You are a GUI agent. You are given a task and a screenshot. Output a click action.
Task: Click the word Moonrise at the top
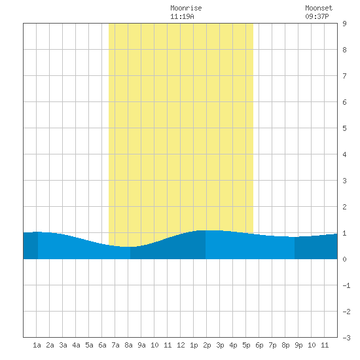186,8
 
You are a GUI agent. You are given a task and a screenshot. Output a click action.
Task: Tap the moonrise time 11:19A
182,16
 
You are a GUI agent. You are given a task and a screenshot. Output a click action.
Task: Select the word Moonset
319,8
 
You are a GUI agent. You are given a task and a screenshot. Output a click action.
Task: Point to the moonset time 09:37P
317,16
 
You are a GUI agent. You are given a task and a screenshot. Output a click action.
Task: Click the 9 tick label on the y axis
344,24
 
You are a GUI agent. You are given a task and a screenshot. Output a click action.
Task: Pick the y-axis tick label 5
344,128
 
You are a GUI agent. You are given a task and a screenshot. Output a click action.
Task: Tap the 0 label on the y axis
344,259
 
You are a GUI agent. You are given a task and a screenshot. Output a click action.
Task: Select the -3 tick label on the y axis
346,338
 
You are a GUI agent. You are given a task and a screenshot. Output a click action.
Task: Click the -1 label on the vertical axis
346,285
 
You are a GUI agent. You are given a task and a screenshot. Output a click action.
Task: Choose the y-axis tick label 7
344,76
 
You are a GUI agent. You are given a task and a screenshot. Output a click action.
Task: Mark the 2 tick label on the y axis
344,207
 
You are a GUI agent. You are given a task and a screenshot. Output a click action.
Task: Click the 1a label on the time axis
37,345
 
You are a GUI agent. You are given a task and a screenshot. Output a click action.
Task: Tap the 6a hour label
102,345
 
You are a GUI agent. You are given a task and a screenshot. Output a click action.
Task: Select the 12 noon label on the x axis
181,345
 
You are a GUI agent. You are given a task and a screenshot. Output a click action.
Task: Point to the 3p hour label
220,345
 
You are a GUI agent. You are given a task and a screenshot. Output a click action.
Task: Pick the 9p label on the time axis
298,345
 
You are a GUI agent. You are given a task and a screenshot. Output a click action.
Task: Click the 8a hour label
128,345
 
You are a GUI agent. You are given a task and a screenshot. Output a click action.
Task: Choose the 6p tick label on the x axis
259,345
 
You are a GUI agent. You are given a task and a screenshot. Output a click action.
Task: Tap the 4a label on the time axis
76,345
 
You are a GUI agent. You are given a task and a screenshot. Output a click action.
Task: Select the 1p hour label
194,345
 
